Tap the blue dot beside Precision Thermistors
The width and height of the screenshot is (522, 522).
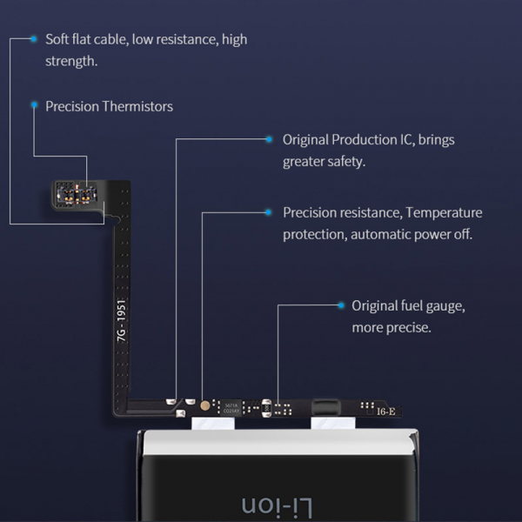pyautogui.click(x=34, y=105)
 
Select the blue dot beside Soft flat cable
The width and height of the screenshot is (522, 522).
pyautogui.click(x=34, y=39)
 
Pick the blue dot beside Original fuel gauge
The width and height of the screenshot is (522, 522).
pyautogui.click(x=341, y=305)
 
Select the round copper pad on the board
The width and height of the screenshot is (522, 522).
pyautogui.click(x=204, y=405)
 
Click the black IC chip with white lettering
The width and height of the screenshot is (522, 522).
pyautogui.click(x=231, y=406)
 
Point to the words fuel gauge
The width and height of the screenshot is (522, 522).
pyautogui.click(x=432, y=306)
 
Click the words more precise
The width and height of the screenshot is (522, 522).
pyautogui.click(x=391, y=328)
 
